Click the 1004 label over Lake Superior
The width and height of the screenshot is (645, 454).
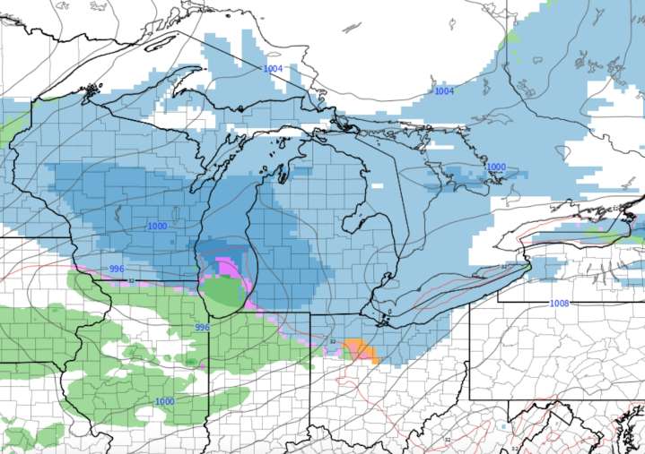273,69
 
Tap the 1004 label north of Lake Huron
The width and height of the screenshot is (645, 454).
444,91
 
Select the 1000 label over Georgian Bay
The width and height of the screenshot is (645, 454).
496,167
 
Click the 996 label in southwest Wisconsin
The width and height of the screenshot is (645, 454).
117,270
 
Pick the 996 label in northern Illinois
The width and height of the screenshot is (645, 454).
203,328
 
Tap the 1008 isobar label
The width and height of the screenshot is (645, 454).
560,304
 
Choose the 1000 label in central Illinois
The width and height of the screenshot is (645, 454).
164,401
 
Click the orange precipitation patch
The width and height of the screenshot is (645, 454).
362,349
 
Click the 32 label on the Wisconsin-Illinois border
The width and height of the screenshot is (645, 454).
132,281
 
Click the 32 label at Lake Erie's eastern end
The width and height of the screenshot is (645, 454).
505,268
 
